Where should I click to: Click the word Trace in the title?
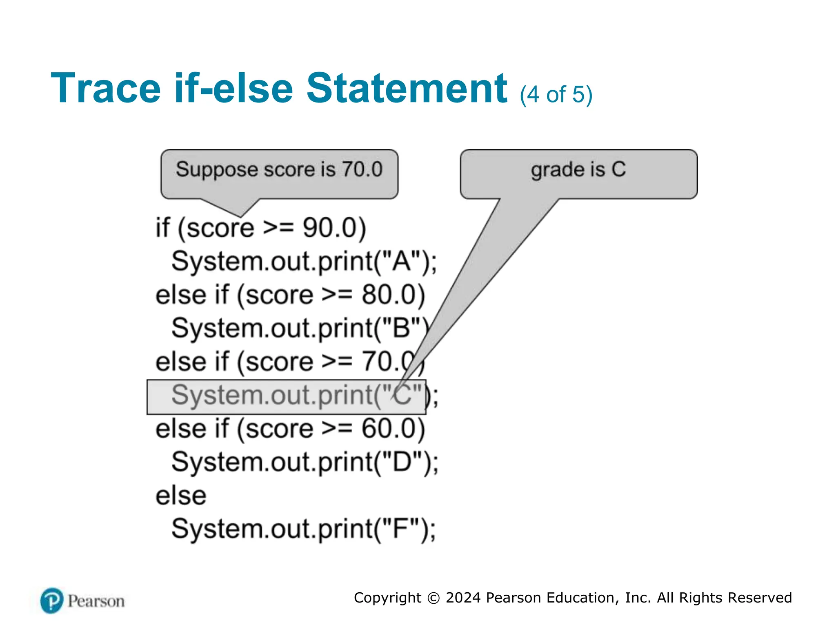click(x=106, y=88)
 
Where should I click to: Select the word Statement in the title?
click(x=407, y=88)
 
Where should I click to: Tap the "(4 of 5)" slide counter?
click(x=556, y=95)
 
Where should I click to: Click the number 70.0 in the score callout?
click(x=362, y=169)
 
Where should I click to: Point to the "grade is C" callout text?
click(x=578, y=169)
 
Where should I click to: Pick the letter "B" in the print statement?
click(x=402, y=328)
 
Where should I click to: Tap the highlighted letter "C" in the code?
click(x=402, y=395)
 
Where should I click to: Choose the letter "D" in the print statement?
click(x=402, y=462)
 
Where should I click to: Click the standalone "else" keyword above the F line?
click(x=181, y=496)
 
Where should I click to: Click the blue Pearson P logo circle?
click(x=52, y=601)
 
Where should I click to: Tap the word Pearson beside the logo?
click(x=96, y=601)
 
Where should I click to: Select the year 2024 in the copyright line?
click(x=463, y=598)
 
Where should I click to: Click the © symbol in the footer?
click(x=433, y=598)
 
